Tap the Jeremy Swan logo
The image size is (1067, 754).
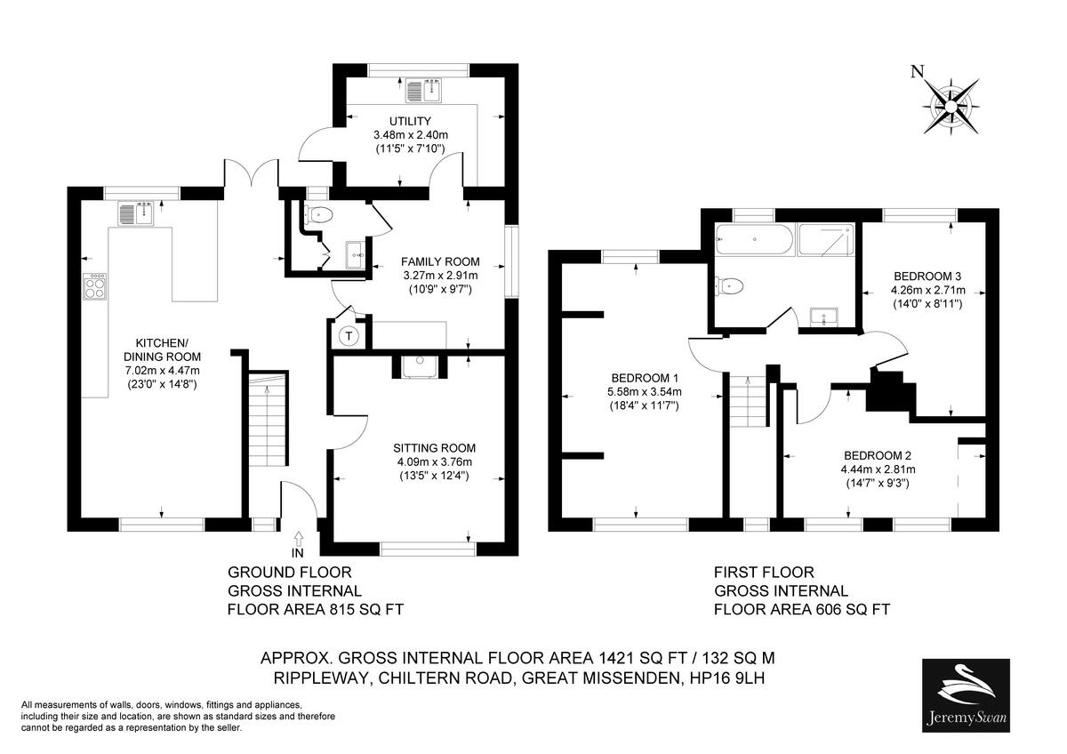[966, 695]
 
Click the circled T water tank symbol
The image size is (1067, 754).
[349, 336]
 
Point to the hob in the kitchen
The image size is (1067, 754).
[94, 285]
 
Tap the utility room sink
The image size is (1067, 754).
[424, 92]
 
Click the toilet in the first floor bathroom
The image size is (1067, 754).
[729, 285]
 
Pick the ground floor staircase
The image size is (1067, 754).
[267, 418]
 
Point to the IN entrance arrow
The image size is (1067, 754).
[297, 539]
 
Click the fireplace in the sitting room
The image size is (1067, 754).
[417, 366]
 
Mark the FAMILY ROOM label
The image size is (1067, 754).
[439, 261]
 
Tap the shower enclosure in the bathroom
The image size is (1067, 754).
[828, 238]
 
